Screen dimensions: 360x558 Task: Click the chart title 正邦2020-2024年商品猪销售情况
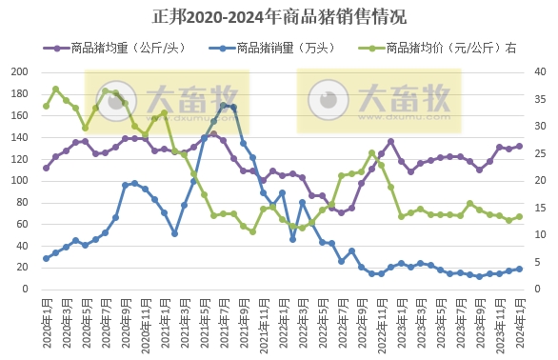point(279,17)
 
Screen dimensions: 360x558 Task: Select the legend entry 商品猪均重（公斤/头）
point(122,47)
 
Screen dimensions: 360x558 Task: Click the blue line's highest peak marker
point(224,106)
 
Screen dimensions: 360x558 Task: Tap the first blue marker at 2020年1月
point(46,258)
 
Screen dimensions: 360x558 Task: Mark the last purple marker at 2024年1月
point(519,146)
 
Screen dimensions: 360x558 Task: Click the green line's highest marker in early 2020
point(56,90)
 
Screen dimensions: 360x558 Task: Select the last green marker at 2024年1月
point(519,216)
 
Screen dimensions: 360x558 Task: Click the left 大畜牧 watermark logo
point(168,101)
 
